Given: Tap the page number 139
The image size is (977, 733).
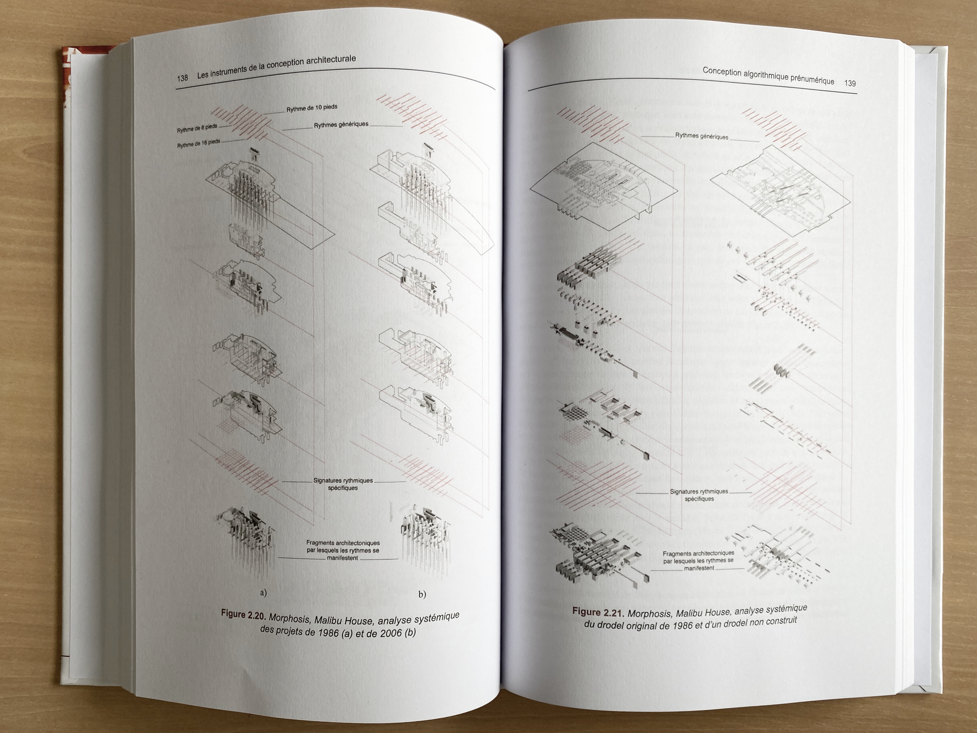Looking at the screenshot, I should (850, 83).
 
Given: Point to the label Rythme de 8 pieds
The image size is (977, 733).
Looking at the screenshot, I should (197, 129).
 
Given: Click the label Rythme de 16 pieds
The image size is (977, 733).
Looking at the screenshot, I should (198, 143).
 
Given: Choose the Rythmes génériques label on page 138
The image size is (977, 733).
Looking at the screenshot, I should (341, 125).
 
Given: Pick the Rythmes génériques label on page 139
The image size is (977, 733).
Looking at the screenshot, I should (701, 136).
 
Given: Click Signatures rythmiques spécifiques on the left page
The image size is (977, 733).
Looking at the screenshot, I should (343, 484).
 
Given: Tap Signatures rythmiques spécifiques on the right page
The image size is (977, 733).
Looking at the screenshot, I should (699, 495).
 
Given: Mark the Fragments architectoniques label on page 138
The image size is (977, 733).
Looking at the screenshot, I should (343, 550).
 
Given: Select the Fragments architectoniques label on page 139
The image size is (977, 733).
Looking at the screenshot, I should (699, 561).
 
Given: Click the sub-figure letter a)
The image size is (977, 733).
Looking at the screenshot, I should (263, 593).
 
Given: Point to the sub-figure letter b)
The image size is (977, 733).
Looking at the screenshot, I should (422, 594).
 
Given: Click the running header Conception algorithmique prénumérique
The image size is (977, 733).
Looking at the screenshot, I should (768, 76).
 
